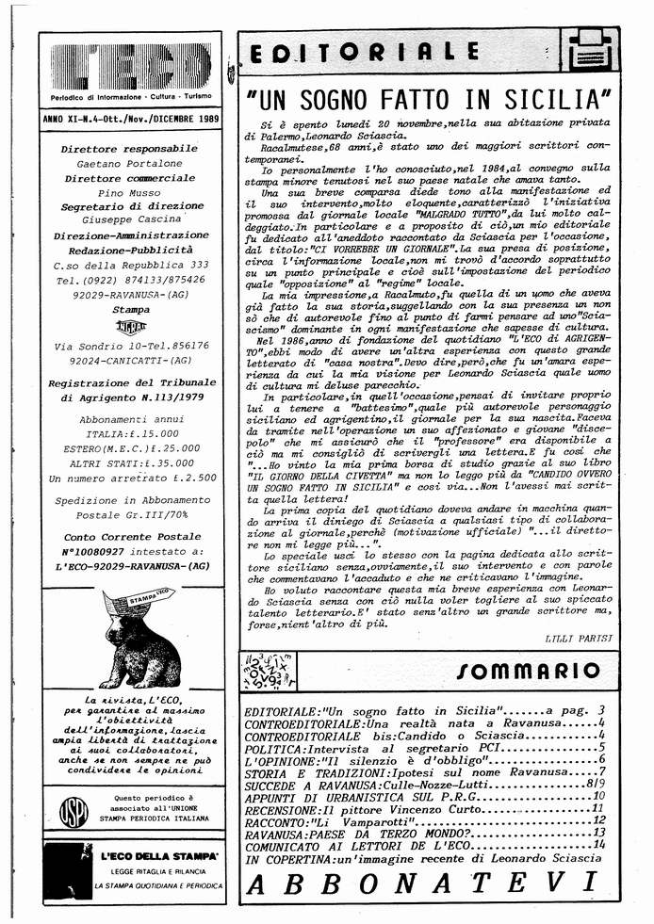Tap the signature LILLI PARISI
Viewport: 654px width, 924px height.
pos(579,639)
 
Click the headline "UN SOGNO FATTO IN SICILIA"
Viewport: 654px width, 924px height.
pos(428,97)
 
